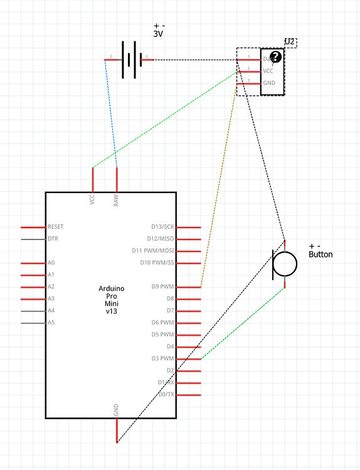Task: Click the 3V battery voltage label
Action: [158, 35]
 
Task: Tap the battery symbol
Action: [129, 60]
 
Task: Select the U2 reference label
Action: [290, 42]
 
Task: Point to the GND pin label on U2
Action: [268, 83]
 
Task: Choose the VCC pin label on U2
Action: [268, 71]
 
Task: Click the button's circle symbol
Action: [285, 263]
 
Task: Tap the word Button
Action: [320, 254]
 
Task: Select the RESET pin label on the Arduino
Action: [55, 227]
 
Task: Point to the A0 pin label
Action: [51, 263]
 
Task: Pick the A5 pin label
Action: [51, 323]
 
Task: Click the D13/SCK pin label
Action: [162, 227]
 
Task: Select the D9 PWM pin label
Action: [162, 287]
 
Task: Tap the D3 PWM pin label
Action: [162, 359]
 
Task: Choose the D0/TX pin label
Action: [166, 395]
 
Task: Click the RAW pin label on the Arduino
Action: [116, 199]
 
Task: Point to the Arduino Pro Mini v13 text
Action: [112, 300]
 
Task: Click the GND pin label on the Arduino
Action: [116, 410]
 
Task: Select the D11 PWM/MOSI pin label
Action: [156, 251]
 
